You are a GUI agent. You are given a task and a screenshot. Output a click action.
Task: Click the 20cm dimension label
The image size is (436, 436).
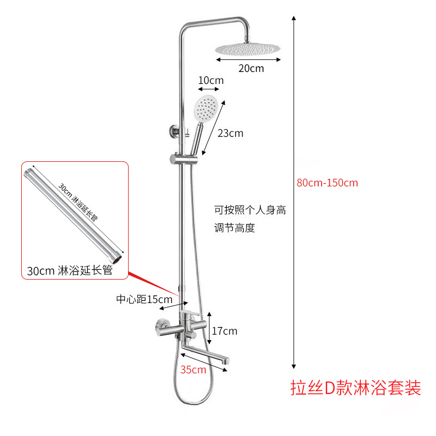tap(251, 68)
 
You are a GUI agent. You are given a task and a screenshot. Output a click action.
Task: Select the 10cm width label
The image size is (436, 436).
tap(210, 81)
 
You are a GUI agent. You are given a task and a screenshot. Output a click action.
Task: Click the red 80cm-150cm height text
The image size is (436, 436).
tap(327, 183)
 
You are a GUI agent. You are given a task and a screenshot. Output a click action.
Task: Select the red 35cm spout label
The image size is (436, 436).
tap(194, 370)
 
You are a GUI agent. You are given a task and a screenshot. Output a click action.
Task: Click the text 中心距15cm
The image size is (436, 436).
tap(144, 299)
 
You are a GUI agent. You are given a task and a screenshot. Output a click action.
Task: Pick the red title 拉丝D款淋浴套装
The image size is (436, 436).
tap(356, 389)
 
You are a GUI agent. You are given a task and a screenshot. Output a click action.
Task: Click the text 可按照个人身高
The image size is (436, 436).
tap(250, 210)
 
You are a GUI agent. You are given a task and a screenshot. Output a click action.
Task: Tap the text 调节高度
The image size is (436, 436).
tap(234, 228)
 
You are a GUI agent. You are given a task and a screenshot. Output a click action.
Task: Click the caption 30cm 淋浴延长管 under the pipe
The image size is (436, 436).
tap(70, 271)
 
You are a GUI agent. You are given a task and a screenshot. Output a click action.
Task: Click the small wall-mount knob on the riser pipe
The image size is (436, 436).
tap(171, 131)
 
